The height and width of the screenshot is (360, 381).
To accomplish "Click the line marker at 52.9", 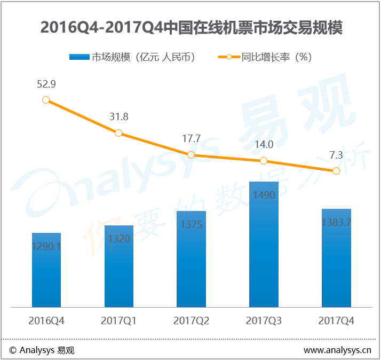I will (46, 100).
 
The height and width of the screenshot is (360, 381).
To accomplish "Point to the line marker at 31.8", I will (118, 133).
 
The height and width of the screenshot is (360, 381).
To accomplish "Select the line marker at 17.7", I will (191, 155).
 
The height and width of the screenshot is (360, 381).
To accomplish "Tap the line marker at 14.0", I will (264, 161).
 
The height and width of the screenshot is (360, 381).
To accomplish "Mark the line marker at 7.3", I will (336, 171).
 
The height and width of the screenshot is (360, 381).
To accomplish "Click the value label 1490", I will (264, 195).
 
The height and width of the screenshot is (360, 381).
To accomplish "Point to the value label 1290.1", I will (46, 246).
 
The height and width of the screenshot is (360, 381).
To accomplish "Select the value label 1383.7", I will (336, 222).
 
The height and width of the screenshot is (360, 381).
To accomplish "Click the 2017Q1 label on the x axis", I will (118, 321).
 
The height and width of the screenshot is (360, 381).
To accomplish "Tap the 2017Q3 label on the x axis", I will (264, 321).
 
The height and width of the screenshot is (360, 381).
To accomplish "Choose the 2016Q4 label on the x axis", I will (46, 321).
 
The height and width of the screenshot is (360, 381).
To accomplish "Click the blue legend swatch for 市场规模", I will (79, 57).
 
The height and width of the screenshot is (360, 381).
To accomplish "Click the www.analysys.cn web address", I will (337, 350).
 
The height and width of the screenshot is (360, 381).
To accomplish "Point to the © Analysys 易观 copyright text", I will (42, 350).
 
